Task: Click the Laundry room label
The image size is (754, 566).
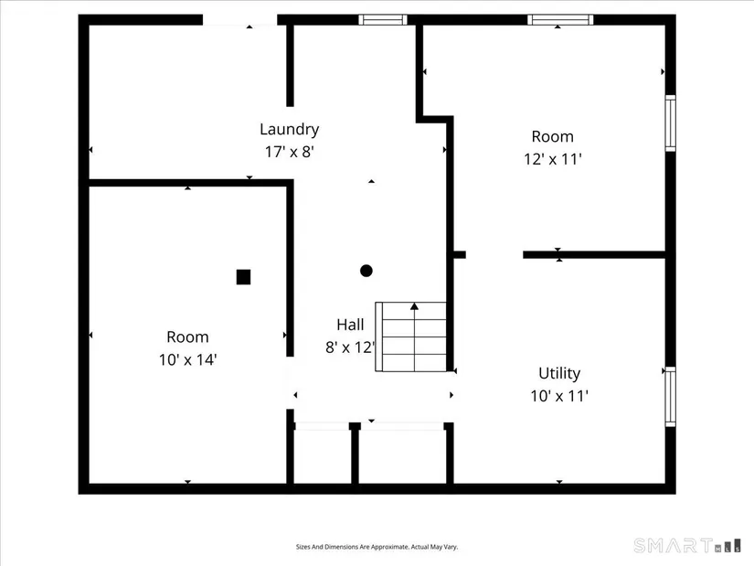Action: [289, 129]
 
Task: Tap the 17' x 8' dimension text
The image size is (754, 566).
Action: [290, 152]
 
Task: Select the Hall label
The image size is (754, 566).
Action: [350, 325]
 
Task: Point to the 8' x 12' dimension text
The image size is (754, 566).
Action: [350, 347]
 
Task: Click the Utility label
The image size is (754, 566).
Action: [559, 373]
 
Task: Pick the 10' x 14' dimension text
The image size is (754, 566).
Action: [188, 359]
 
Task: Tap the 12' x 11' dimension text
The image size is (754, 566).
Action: [553, 159]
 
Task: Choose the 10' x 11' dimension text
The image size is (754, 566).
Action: [559, 396]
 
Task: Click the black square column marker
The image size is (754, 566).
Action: [243, 277]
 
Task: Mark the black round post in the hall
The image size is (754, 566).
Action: [366, 271]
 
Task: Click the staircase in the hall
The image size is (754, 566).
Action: [410, 336]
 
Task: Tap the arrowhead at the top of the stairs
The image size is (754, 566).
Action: [415, 306]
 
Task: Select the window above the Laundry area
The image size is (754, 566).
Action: [383, 20]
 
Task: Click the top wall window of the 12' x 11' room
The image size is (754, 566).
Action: [560, 20]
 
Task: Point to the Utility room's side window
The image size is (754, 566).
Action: [670, 397]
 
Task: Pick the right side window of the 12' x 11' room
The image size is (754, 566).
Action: [670, 123]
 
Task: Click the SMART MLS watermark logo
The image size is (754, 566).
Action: [687, 546]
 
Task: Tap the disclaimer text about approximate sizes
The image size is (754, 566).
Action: [377, 547]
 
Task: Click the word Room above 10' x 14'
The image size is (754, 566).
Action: [187, 336]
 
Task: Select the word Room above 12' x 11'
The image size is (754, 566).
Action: [553, 136]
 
